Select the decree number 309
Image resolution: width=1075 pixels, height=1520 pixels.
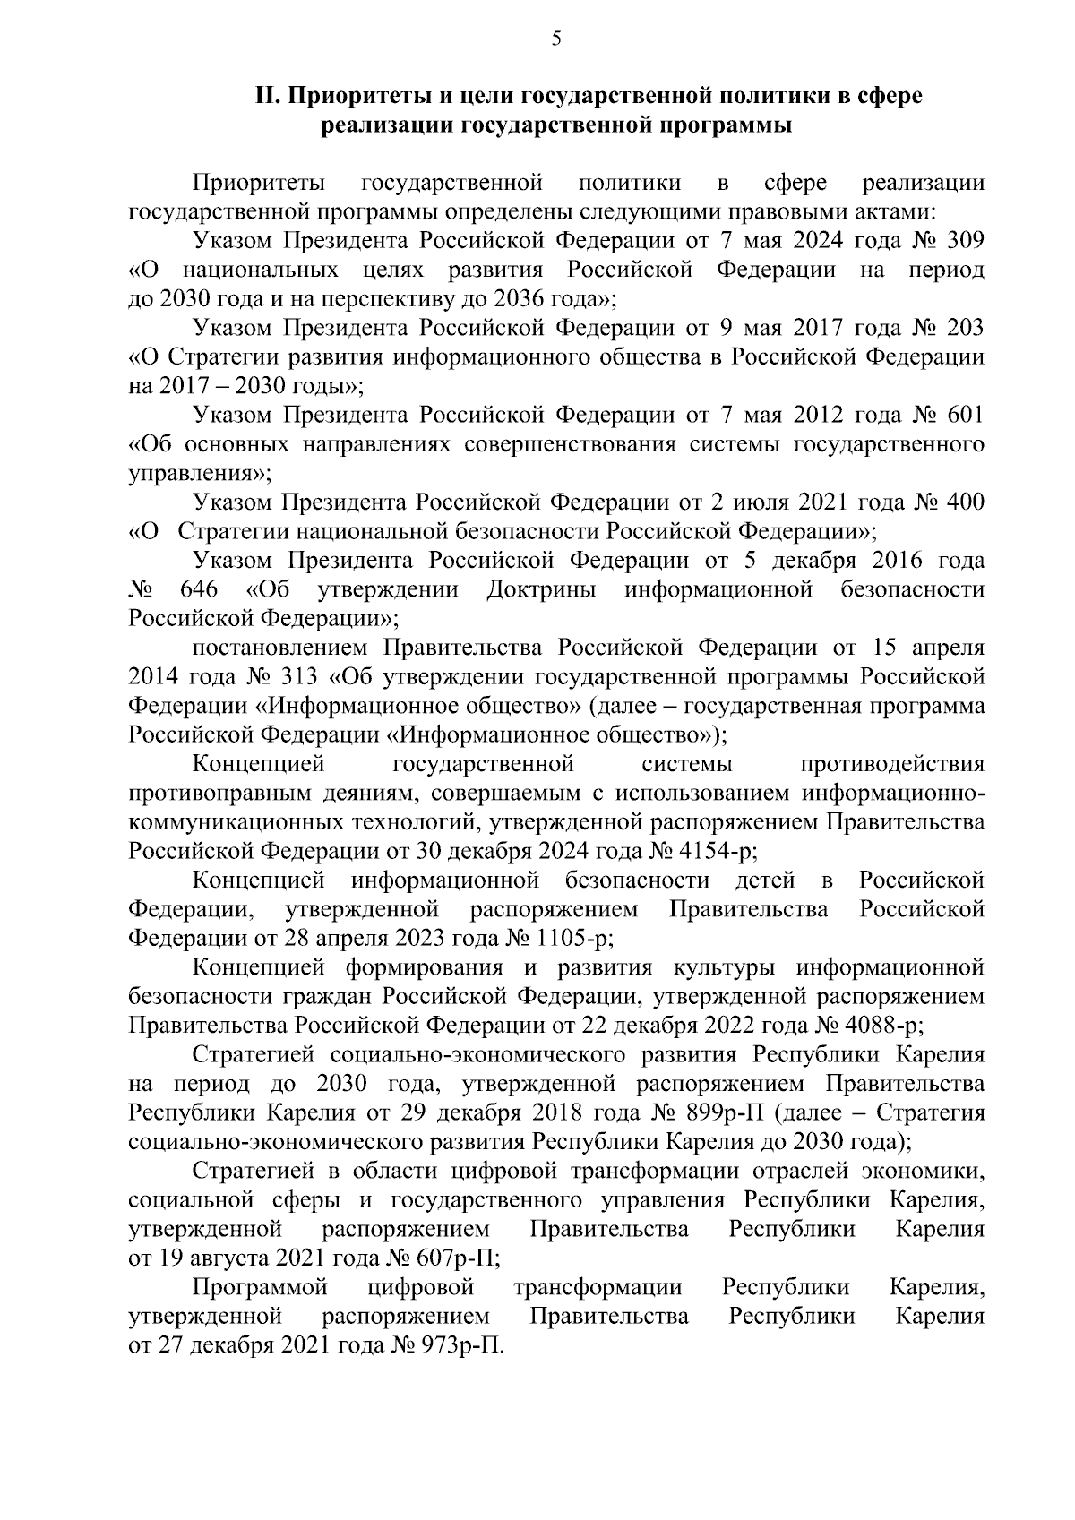[965, 240]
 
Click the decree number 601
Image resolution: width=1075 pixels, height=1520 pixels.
[965, 415]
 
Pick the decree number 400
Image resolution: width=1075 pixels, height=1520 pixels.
[965, 502]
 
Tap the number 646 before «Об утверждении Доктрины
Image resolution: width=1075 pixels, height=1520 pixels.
[199, 589]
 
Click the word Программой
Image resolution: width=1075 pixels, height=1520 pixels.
[261, 1287]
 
